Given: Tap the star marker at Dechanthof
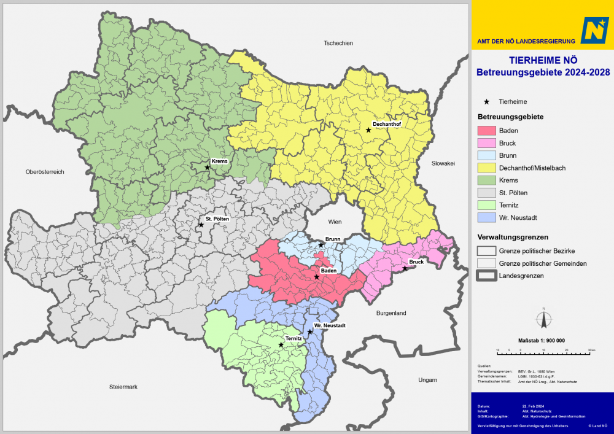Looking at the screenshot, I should [x=368, y=130].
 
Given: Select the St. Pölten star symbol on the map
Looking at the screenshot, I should [x=201, y=225].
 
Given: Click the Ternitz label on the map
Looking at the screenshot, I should [x=293, y=338].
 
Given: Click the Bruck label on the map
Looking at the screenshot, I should [x=416, y=262].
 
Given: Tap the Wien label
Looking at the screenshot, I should [x=335, y=222].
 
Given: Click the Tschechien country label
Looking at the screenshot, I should [x=338, y=43].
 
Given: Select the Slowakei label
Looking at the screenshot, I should [x=443, y=163].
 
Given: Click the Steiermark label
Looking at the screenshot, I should [x=124, y=387].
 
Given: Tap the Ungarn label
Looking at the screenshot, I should [x=427, y=380].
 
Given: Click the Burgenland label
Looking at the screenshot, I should [x=391, y=313].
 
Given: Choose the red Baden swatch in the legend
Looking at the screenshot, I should [x=486, y=131].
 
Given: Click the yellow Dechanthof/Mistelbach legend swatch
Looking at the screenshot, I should [x=486, y=168].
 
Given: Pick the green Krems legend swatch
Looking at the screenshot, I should [x=486, y=180].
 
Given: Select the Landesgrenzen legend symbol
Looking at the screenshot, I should [x=486, y=276].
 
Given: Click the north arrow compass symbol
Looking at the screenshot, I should [x=543, y=319].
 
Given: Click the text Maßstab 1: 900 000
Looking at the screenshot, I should [x=542, y=340].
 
